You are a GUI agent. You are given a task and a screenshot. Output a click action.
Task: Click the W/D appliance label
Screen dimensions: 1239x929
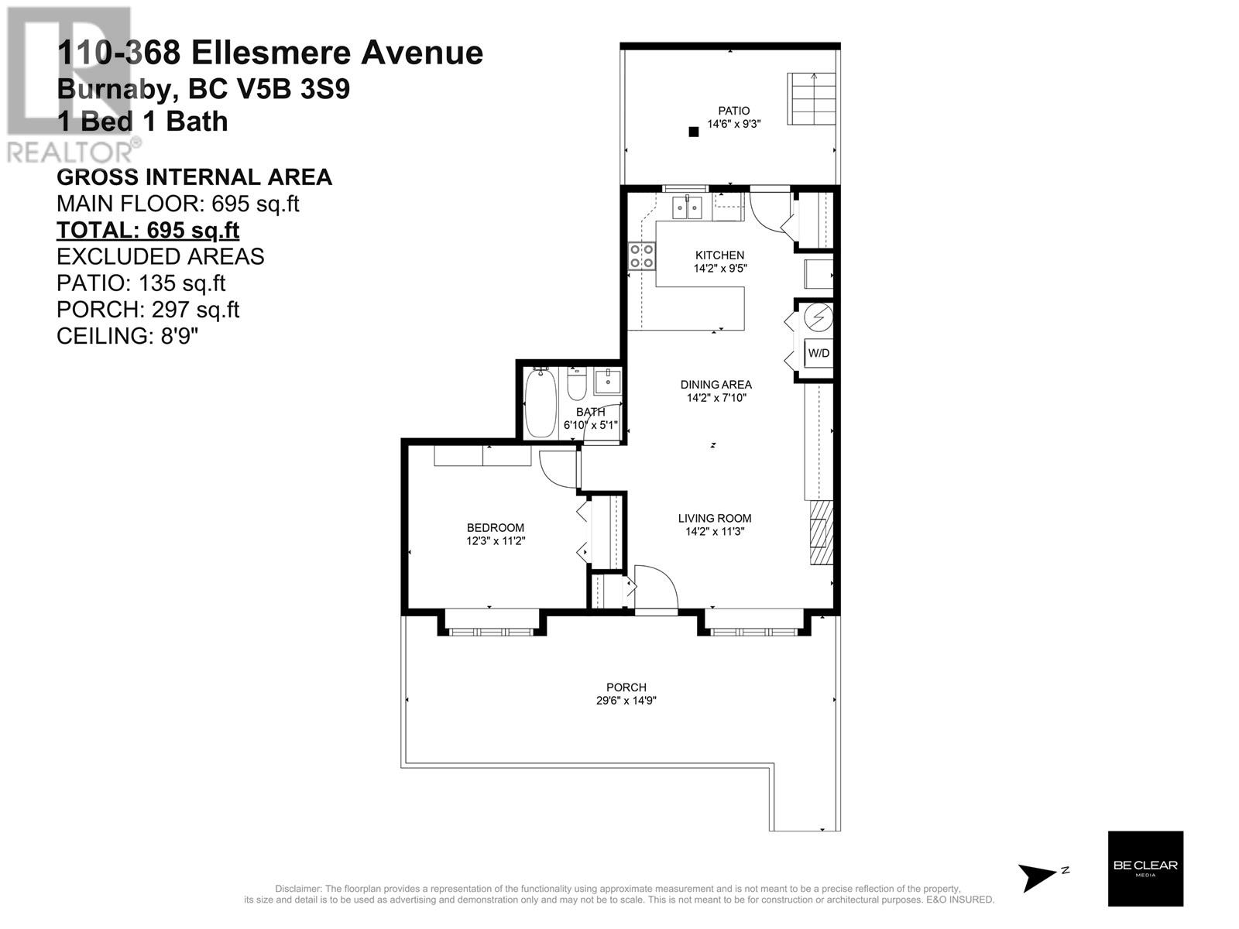click(x=819, y=353)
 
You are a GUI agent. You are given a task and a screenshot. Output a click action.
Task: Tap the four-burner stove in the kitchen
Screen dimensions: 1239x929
click(x=642, y=256)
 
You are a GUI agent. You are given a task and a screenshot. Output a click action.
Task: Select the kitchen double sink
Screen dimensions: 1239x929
click(x=687, y=207)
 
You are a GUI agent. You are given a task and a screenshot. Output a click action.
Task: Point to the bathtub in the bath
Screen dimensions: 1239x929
click(x=541, y=402)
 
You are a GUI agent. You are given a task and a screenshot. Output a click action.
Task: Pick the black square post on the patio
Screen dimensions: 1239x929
click(x=694, y=132)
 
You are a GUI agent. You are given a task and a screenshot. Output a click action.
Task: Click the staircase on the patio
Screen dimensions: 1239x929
click(x=811, y=99)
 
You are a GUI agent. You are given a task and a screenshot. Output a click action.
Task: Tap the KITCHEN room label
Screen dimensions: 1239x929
click(x=719, y=255)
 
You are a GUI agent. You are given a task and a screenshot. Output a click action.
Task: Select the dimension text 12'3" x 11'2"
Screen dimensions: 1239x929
click(x=496, y=541)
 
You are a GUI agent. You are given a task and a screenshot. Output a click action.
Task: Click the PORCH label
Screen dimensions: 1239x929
click(x=626, y=687)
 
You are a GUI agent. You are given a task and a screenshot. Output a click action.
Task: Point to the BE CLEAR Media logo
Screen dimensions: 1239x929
click(x=1145, y=868)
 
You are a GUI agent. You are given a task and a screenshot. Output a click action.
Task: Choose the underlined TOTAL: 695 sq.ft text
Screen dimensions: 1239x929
click(x=148, y=230)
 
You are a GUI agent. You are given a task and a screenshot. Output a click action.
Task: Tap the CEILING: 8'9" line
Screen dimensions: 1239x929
click(x=128, y=336)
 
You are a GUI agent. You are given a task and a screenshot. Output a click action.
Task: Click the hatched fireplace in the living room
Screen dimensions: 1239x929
click(x=822, y=533)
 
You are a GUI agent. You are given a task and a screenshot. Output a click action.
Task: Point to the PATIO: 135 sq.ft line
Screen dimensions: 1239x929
click(x=141, y=283)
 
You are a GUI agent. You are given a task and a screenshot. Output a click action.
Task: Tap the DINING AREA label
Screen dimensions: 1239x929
click(x=716, y=385)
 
